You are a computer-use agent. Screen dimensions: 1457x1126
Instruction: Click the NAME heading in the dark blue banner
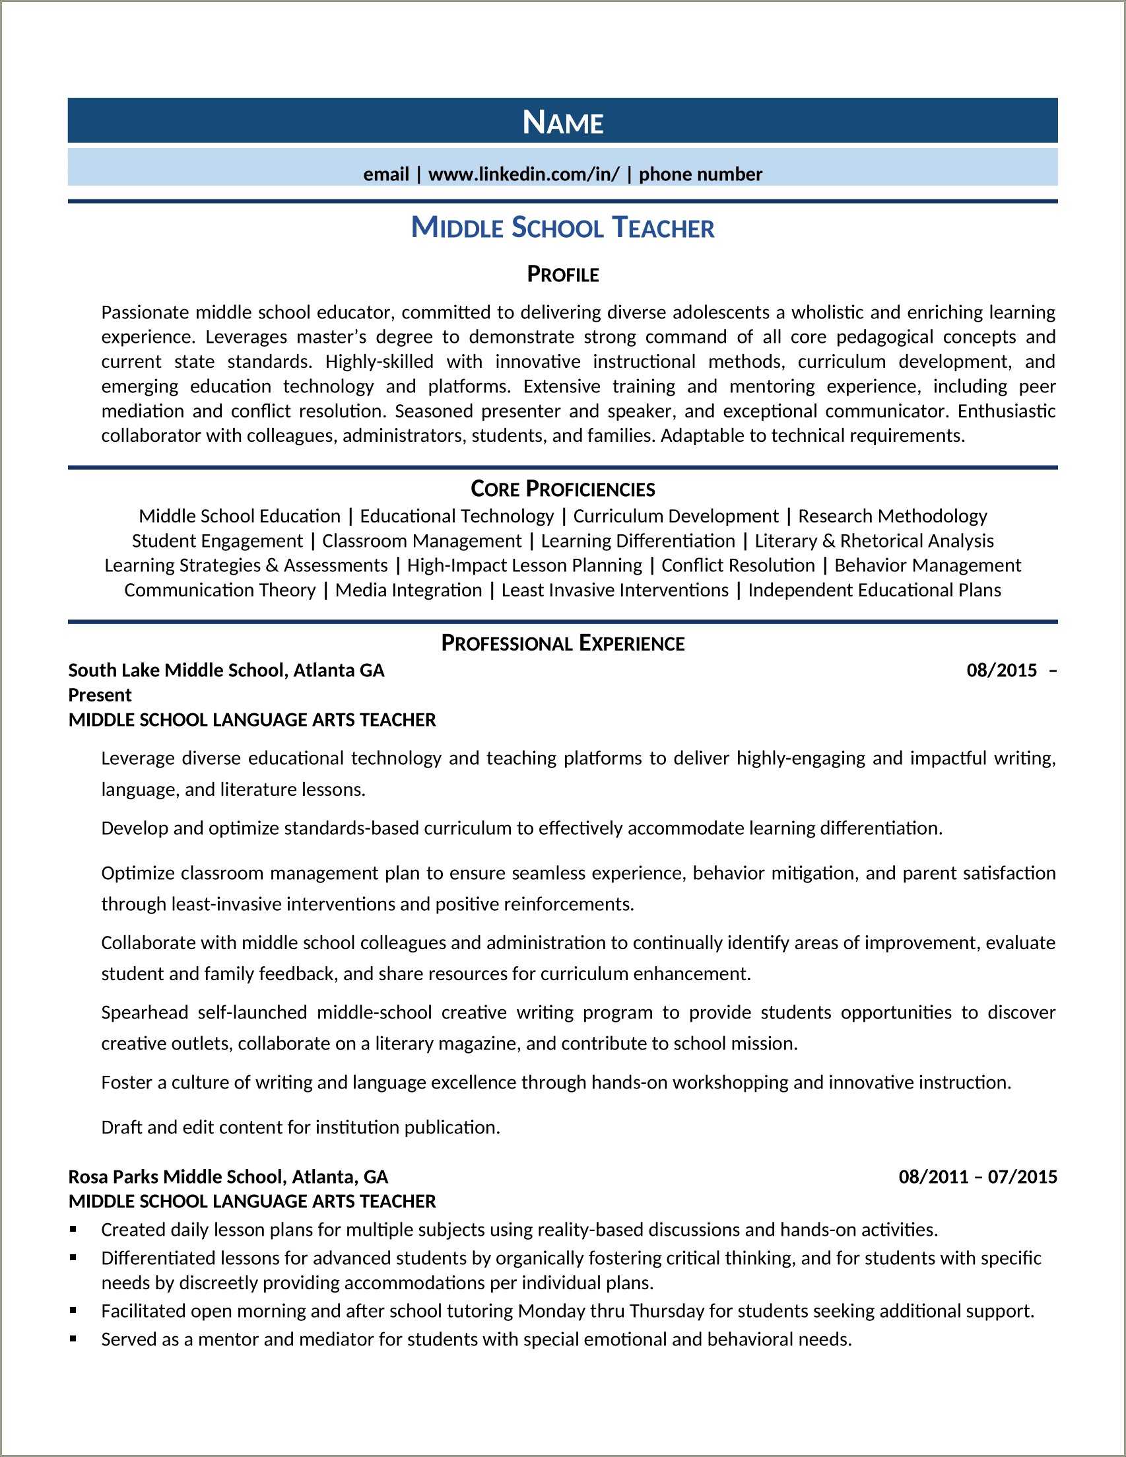pyautogui.click(x=562, y=123)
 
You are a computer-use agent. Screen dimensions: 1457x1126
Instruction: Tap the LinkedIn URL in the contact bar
pyautogui.click(x=523, y=174)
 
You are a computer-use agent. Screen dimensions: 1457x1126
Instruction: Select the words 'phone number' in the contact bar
pyautogui.click(x=700, y=174)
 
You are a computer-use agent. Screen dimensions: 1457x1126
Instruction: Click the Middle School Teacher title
pyautogui.click(x=562, y=227)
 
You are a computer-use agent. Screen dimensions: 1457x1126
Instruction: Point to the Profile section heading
pyautogui.click(x=562, y=274)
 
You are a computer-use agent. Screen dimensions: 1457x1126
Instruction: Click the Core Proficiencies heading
pyautogui.click(x=562, y=489)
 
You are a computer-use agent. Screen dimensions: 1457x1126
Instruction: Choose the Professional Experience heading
pyautogui.click(x=562, y=643)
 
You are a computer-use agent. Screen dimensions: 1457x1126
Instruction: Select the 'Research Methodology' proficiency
pyautogui.click(x=892, y=516)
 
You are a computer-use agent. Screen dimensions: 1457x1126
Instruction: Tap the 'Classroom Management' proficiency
pyautogui.click(x=421, y=541)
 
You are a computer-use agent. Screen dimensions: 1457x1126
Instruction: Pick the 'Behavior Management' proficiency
pyautogui.click(x=927, y=566)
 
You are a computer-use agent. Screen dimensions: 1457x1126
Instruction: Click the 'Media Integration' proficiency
pyautogui.click(x=408, y=590)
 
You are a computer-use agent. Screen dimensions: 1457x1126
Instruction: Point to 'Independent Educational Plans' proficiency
pyautogui.click(x=874, y=590)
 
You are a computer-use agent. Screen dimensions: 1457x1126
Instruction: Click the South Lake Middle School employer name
pyautogui.click(x=226, y=670)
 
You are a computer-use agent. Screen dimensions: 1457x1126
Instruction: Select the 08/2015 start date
pyautogui.click(x=1001, y=670)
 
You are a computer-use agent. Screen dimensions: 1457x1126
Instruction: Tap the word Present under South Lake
pyautogui.click(x=100, y=695)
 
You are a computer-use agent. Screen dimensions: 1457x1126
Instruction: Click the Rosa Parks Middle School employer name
pyautogui.click(x=228, y=1176)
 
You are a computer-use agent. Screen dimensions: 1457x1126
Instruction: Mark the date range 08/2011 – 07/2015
pyautogui.click(x=977, y=1176)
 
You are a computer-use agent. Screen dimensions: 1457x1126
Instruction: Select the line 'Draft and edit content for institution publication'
pyautogui.click(x=300, y=1127)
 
